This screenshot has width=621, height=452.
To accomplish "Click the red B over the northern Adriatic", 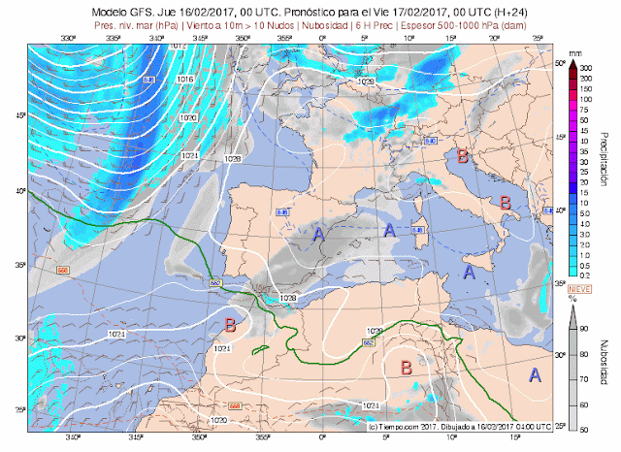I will pos(463,156).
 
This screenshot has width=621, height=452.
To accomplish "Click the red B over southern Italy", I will pos(505,202).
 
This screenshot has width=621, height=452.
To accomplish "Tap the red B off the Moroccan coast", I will pos(230,325).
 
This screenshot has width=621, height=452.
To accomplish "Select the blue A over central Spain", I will pos(317,233).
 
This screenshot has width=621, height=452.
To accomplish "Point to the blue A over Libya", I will pos(535,374).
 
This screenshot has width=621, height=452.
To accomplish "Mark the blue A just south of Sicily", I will pos(469,273).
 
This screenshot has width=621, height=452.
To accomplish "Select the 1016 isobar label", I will pos(185,80).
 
